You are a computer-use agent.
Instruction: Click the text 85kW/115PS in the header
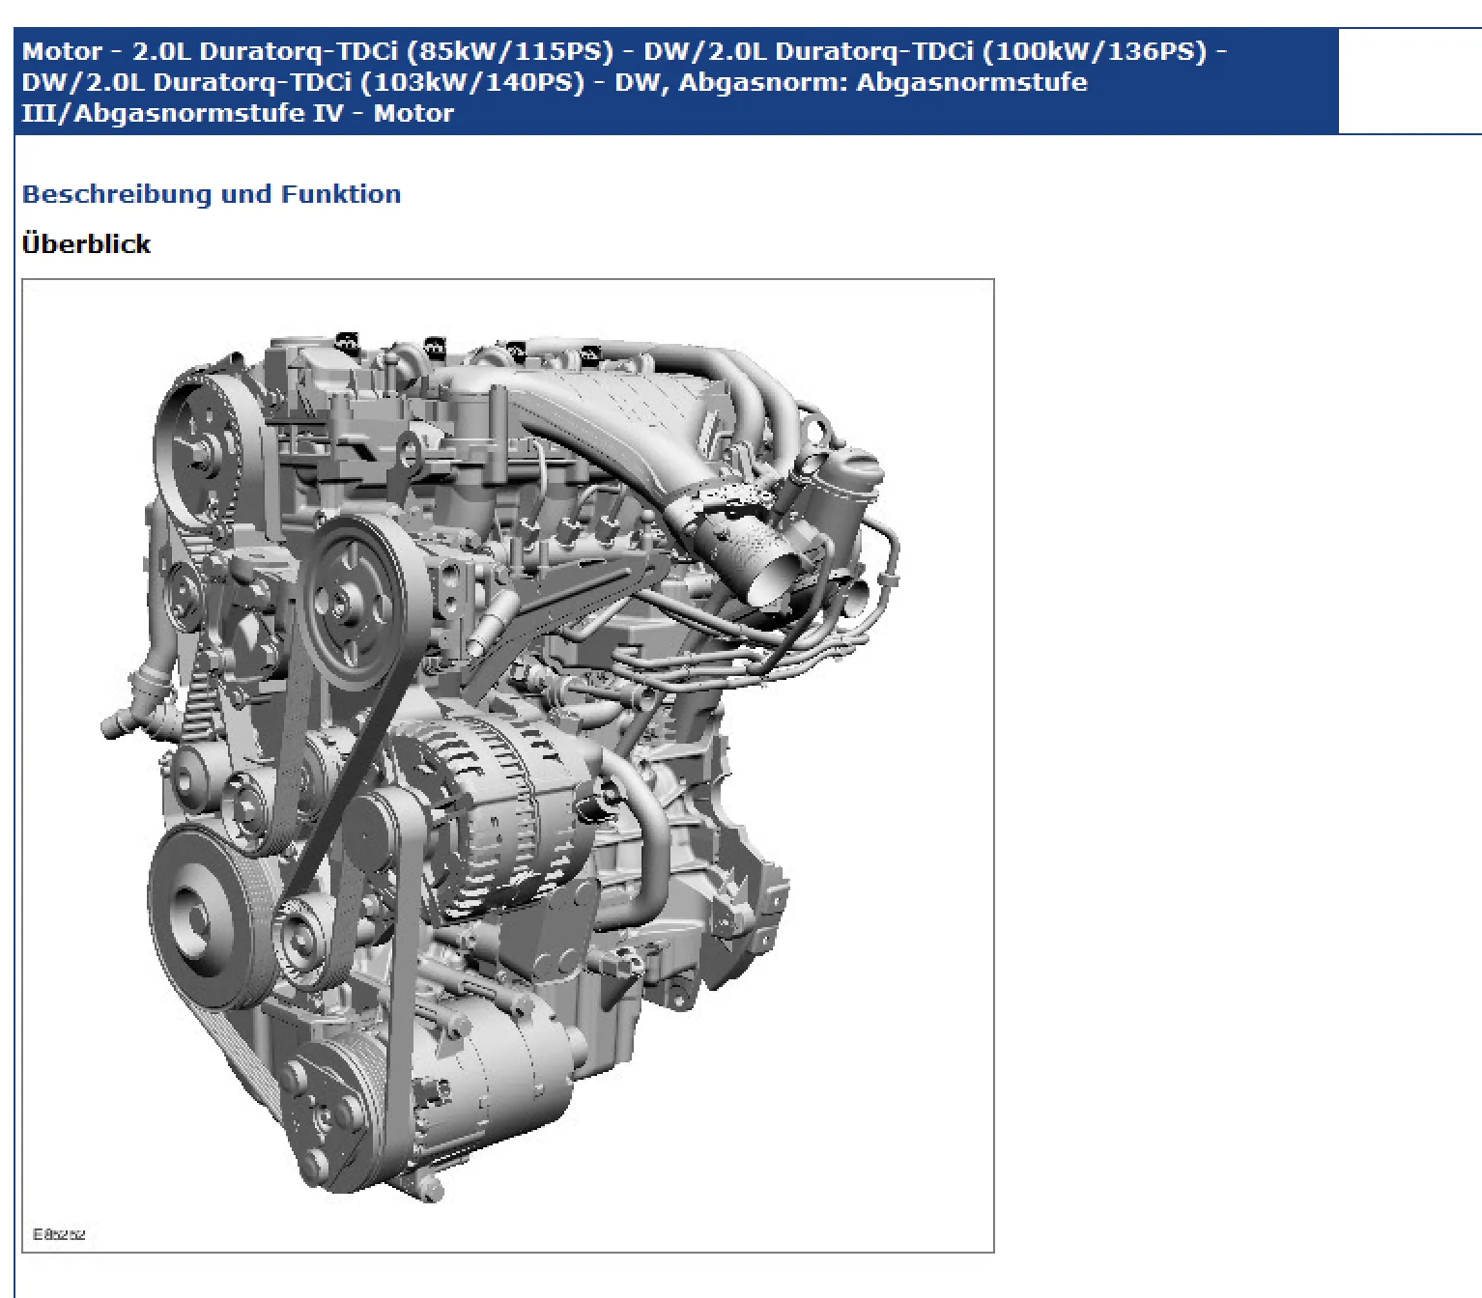[510, 51]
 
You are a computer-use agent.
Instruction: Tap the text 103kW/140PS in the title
[471, 82]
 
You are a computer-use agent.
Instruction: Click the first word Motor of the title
[62, 51]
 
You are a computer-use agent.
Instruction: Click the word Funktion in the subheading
[341, 194]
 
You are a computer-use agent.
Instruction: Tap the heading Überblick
[86, 243]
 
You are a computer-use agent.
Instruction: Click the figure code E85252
[59, 1234]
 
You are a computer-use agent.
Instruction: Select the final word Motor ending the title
[414, 113]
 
